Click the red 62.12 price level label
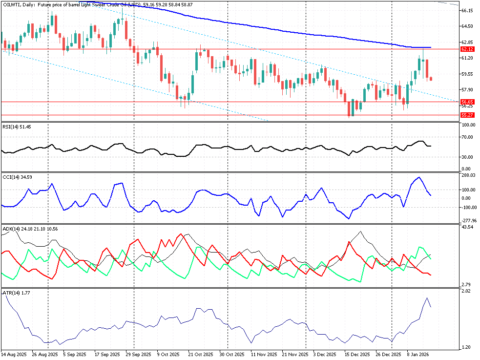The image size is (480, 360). coord(467,49)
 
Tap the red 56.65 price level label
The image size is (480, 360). coord(467,102)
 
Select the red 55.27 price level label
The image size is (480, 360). coord(467,115)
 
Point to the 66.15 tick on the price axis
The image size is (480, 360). coord(467,10)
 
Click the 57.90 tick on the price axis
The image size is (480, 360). coord(467,90)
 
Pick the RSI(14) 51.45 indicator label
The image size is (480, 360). coord(17,127)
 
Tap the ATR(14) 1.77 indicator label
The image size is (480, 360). coord(16,293)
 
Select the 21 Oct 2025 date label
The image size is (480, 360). coord(201,354)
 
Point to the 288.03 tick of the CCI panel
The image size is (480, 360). coord(468,175)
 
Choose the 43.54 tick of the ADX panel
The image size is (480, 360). coord(467,227)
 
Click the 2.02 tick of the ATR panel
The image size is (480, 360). coord(466,292)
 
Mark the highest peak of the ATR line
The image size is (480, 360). coord(427,298)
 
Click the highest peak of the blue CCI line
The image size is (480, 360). coord(418,177)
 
